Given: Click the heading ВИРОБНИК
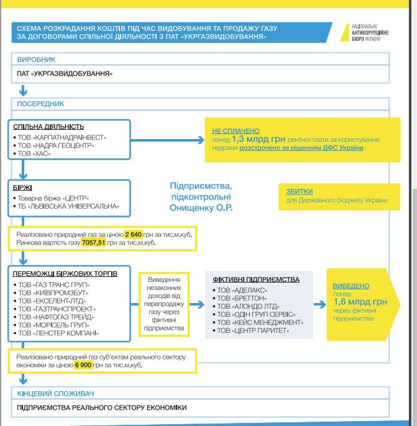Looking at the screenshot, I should click(x=37, y=60).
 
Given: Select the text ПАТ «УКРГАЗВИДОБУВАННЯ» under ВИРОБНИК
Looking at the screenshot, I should click(x=65, y=74).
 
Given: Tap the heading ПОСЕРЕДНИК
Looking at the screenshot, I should click(x=41, y=104).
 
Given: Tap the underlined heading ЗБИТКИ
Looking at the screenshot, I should click(x=299, y=191).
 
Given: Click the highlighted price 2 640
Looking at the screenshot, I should click(x=134, y=234).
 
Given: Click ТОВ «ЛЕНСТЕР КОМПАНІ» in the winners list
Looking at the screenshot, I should click(x=57, y=333).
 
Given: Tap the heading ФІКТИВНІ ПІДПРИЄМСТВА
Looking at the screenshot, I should click(x=255, y=279).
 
